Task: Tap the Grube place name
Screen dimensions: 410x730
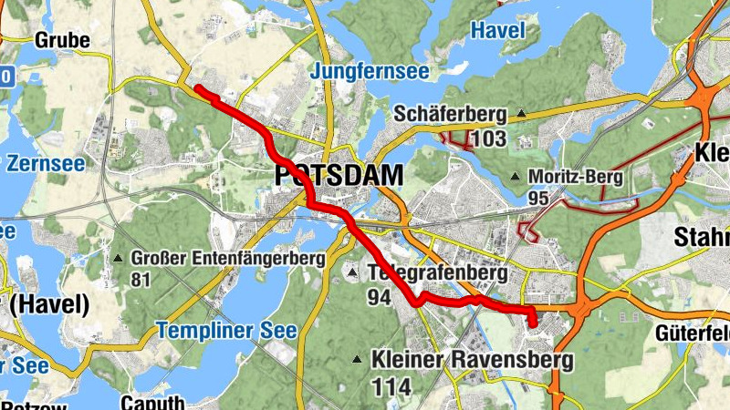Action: coord(62,40)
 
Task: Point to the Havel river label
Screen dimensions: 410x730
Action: coord(497,30)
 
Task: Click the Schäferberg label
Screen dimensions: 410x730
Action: coord(451,114)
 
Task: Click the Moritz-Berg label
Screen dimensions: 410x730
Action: coord(579,176)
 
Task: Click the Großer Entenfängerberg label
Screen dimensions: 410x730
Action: coord(228,259)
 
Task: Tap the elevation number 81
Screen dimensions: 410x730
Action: coord(140,280)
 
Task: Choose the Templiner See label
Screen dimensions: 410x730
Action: coord(226,330)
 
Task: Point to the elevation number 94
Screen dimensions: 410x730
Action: coord(380,297)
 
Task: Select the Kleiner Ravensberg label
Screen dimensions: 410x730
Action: coord(472,360)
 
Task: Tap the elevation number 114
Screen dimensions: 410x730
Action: coord(391,385)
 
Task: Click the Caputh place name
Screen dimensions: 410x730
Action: coord(152,403)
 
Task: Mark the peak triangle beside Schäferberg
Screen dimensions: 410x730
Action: coord(521,114)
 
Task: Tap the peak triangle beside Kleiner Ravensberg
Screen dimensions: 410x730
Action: coord(359,359)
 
